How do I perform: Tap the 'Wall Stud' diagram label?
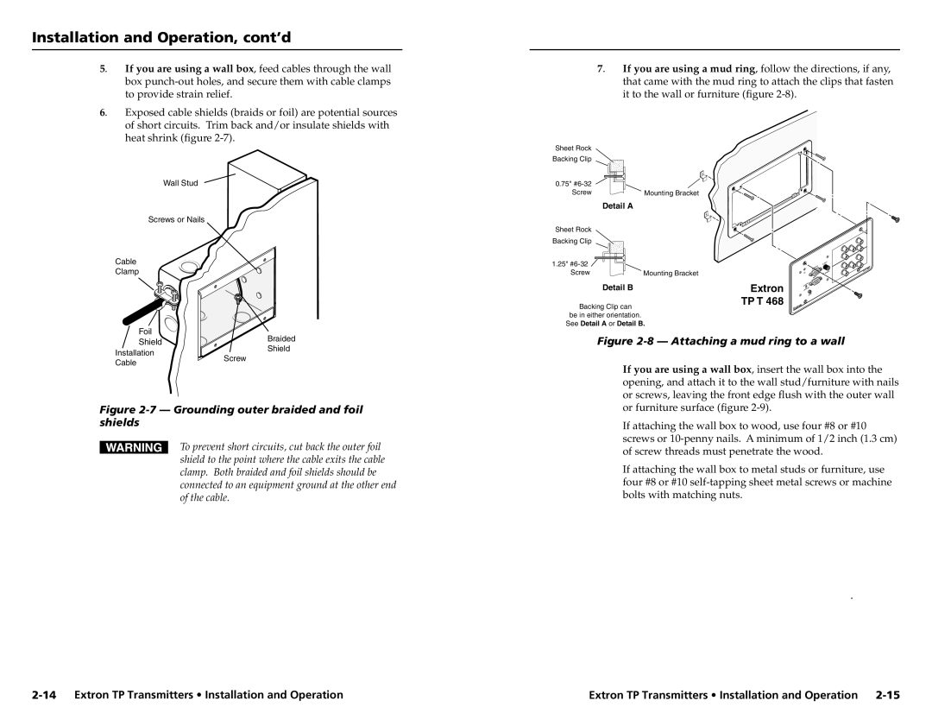[x=180, y=182]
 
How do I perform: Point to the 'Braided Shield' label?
[x=278, y=344]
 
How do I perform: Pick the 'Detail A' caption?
[x=618, y=205]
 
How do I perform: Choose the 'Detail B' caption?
[x=618, y=286]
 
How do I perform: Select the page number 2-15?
[x=887, y=694]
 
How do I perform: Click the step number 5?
[x=103, y=68]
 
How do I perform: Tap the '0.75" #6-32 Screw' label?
[x=574, y=187]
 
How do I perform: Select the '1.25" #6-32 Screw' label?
[x=570, y=268]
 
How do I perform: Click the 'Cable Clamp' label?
[x=127, y=266]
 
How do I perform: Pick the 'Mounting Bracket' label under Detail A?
[x=671, y=193]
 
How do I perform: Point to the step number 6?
[x=103, y=112]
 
